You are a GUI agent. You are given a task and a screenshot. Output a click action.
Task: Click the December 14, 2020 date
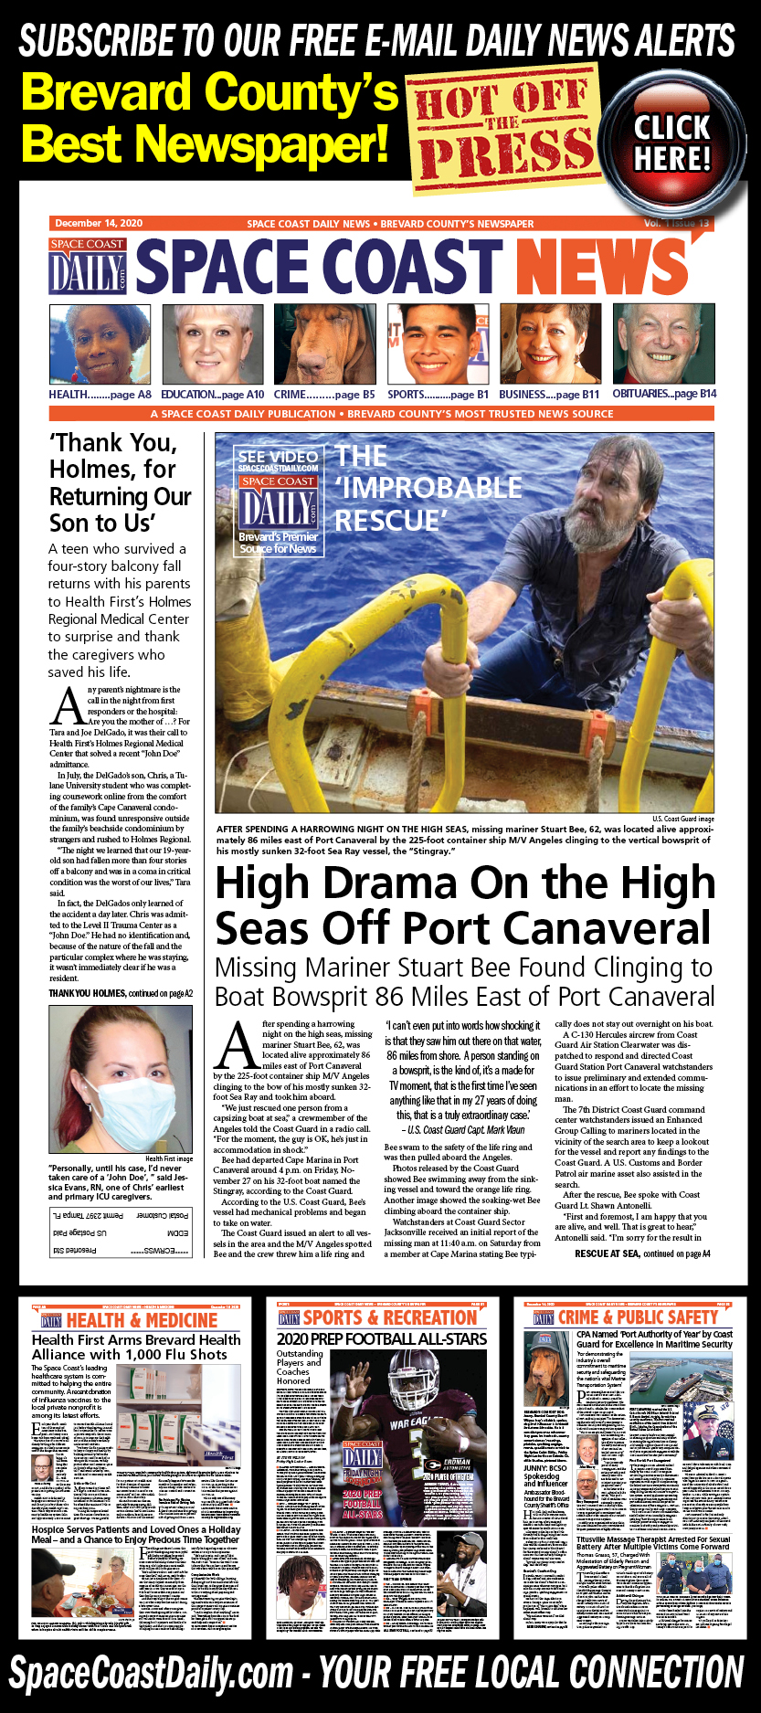99,223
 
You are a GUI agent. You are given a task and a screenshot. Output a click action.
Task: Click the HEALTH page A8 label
100,395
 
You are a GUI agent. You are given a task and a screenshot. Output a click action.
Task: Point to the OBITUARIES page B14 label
664,394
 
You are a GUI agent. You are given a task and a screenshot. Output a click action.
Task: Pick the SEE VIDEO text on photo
278,456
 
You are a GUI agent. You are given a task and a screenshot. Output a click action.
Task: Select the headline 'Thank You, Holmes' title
120,482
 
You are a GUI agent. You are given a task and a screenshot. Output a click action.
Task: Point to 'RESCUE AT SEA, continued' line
642,1253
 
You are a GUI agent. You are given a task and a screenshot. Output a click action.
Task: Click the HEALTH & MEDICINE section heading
142,1320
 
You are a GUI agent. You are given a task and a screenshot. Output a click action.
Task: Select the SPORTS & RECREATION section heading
389,1317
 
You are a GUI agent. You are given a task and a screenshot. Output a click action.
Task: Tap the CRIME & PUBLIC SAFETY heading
638,1317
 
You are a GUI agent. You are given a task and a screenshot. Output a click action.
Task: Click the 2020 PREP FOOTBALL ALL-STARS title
382,1339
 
